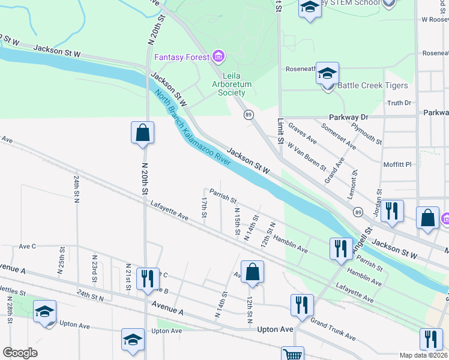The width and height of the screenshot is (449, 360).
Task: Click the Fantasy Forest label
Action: (181, 58)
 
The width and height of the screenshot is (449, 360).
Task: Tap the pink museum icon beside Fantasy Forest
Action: (218, 57)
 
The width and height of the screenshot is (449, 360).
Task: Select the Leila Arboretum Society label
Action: (231, 84)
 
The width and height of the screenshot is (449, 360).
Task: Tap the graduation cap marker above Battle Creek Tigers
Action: (327, 74)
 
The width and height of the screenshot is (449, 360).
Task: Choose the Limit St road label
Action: (280, 131)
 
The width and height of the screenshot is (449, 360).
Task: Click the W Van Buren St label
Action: (306, 155)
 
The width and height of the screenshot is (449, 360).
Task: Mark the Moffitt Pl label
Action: (399, 164)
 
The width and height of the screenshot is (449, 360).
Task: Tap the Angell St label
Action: (362, 238)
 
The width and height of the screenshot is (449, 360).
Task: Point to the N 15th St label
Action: (237, 221)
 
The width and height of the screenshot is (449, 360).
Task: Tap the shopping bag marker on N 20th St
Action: (143, 133)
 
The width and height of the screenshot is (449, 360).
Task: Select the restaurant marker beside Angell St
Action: (341, 248)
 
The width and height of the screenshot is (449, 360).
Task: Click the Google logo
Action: (20, 353)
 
